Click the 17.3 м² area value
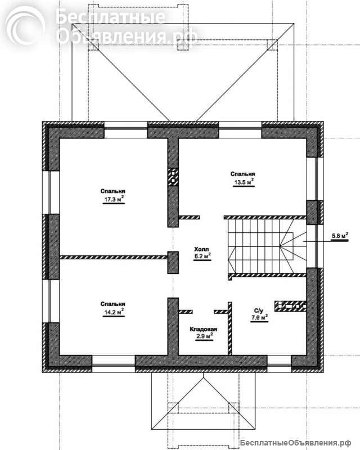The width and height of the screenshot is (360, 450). click(114, 199)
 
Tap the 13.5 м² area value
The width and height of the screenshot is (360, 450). click(244, 182)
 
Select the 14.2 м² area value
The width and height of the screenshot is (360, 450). click(114, 312)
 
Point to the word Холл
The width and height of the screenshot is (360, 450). click(201, 249)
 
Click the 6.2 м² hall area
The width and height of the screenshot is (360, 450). click(202, 256)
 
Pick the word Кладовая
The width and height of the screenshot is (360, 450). click(203, 329)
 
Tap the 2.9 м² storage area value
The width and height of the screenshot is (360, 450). click(204, 336)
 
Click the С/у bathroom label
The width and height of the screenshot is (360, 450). click(258, 311)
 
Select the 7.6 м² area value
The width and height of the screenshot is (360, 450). click(259, 317)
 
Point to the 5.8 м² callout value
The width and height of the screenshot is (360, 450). click(340, 236)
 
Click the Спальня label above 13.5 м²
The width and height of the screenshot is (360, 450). click(242, 174)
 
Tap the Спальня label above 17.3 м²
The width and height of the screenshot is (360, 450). click(113, 191)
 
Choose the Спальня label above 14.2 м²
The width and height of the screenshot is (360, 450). click(113, 304)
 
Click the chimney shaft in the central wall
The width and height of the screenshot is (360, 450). click(173, 177)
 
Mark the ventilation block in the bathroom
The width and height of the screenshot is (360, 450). click(290, 306)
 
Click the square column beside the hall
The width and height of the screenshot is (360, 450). click(173, 262)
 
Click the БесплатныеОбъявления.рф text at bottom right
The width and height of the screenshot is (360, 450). click(295, 443)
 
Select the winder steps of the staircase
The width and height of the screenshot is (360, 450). click(293, 246)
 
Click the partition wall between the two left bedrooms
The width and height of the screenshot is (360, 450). click(114, 258)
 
